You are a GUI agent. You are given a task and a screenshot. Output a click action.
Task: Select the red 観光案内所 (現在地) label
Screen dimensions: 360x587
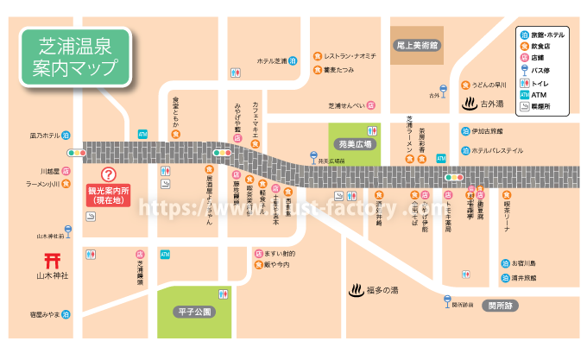pyautogui.click(x=109, y=194)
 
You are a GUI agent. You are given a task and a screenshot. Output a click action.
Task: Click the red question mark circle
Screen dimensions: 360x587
pyautogui.click(x=109, y=174)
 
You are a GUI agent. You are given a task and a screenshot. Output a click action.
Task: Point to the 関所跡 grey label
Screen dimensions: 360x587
pyautogui.click(x=500, y=304)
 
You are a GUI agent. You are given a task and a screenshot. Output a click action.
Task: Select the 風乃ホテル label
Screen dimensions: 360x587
pyautogui.click(x=49, y=136)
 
